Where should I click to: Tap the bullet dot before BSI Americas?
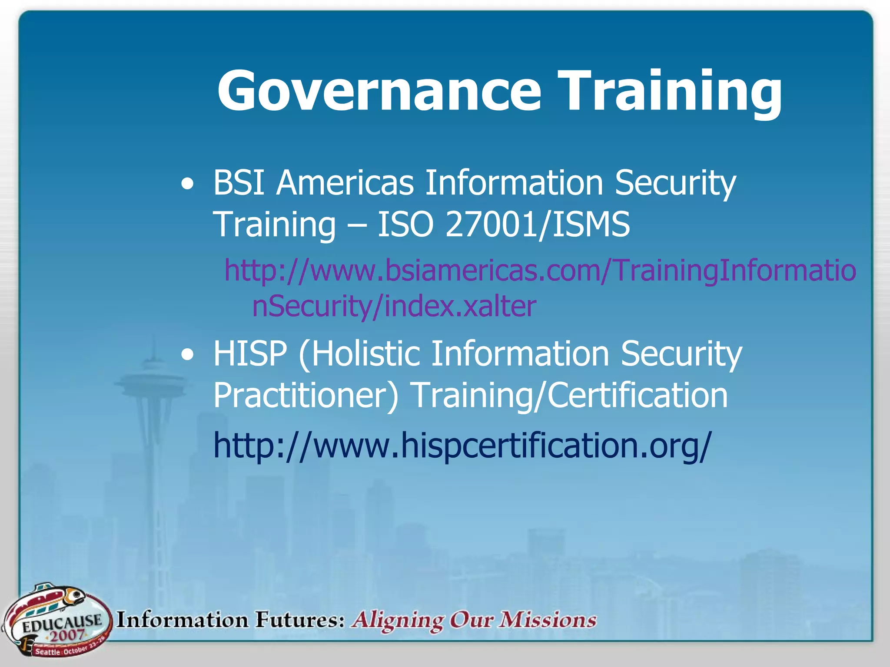point(187,184)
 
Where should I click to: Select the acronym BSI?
point(239,182)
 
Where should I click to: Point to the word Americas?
point(345,182)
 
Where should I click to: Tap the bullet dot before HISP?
point(187,354)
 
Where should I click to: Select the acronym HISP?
point(250,353)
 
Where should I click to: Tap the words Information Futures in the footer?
point(231,620)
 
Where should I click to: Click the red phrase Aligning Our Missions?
point(474,620)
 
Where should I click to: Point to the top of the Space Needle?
point(153,343)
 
